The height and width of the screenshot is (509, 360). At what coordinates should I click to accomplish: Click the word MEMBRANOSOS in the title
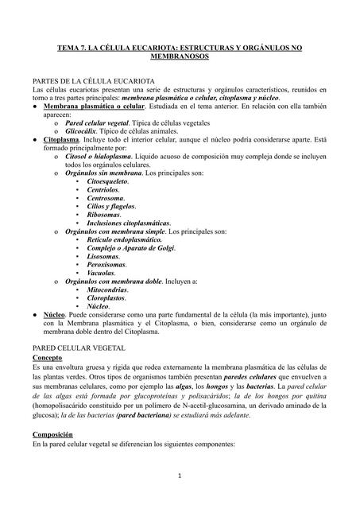coord(180,59)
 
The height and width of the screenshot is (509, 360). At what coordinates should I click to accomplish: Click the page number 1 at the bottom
coord(180,476)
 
